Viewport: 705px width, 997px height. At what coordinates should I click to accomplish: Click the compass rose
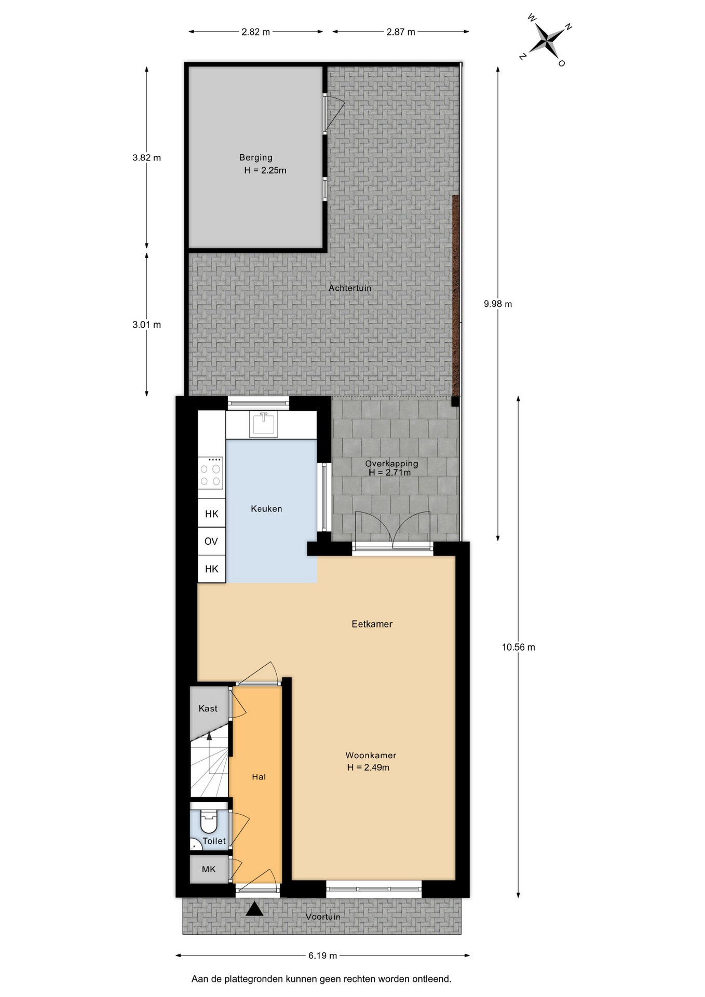(547, 41)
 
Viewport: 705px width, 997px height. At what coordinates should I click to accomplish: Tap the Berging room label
(255, 157)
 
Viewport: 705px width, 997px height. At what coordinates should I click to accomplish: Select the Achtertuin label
(350, 288)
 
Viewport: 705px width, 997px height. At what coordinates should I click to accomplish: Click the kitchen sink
(264, 424)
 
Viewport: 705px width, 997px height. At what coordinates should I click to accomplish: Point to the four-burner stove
(211, 473)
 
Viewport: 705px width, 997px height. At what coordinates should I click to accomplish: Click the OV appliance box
(211, 542)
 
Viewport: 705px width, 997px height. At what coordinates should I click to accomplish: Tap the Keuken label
(266, 509)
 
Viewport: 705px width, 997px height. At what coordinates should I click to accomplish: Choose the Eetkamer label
(372, 624)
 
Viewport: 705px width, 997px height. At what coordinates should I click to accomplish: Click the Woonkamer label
(371, 756)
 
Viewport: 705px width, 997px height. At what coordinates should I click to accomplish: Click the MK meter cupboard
(209, 869)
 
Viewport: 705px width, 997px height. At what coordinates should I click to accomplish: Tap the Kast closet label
(208, 708)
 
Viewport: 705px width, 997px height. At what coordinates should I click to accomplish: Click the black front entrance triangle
(254, 908)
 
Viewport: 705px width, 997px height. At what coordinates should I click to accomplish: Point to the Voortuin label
(323, 917)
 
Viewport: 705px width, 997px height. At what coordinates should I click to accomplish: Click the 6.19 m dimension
(323, 955)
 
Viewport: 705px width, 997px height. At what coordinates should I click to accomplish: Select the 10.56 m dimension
(518, 647)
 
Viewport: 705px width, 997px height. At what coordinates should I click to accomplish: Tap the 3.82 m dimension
(147, 157)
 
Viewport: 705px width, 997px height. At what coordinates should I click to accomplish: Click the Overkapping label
(391, 463)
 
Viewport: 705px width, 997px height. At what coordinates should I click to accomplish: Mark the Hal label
(259, 777)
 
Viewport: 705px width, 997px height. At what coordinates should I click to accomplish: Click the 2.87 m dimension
(401, 32)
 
